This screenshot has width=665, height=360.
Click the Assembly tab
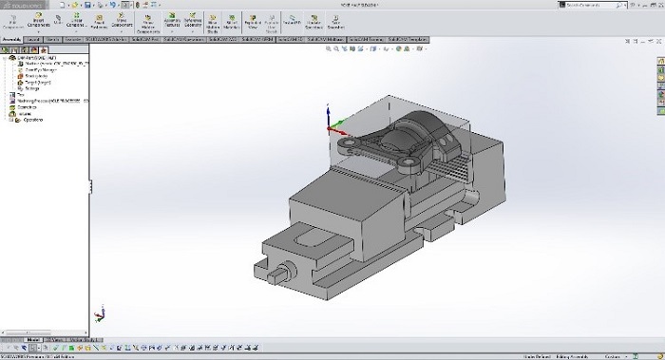click(12, 39)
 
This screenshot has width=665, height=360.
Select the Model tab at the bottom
click(34, 338)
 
